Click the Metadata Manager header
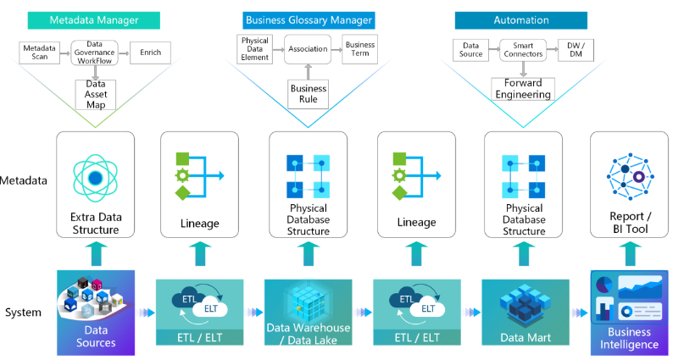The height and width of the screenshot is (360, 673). coord(94,19)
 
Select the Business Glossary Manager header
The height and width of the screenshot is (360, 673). coord(308,19)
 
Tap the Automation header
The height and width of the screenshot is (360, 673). coord(520,19)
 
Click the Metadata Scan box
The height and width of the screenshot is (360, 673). coord(40,53)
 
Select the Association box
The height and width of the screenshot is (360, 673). coord(308,49)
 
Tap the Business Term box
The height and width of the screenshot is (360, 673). coord(361,49)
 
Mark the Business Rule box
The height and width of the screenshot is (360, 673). coord(308,94)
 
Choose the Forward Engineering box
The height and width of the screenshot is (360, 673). coord(521,89)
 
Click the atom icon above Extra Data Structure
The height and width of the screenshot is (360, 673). coord(94,177)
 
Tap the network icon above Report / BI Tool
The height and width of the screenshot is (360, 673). coord(629,175)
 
